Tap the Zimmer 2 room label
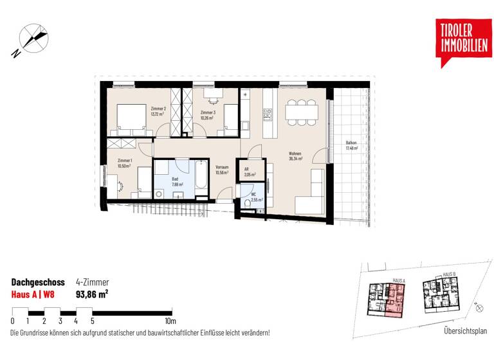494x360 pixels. (158, 111)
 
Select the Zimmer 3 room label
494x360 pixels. (206, 114)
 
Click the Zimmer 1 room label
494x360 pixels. (125, 163)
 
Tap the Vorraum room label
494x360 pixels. (223, 170)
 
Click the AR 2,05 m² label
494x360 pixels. (250, 172)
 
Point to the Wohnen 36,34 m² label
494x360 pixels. (296, 157)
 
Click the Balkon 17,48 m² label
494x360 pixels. (351, 145)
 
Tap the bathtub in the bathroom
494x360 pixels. (201, 176)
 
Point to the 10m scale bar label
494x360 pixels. (170, 321)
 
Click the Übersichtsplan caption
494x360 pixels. (465, 332)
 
